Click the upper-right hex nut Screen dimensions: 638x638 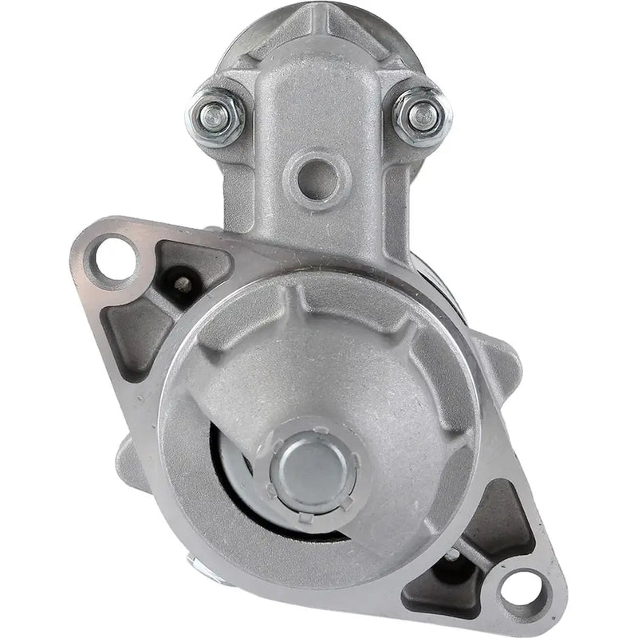[x=420, y=116]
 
